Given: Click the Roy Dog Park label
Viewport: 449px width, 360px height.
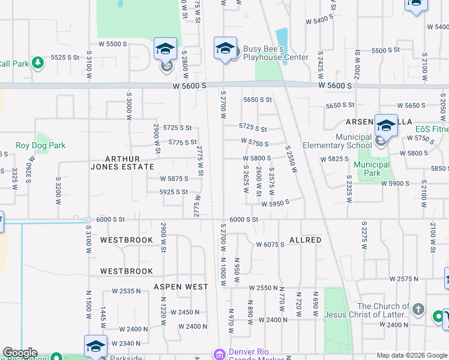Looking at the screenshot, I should point(40,145).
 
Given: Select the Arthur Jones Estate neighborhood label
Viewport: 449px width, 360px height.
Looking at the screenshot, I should point(130,163).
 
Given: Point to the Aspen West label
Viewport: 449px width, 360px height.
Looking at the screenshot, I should point(181,287).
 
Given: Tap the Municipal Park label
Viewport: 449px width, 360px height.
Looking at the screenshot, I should point(372,169).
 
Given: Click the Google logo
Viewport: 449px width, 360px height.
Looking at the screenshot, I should point(20,353).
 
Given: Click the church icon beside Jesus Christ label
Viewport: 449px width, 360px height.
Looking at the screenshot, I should point(419,311).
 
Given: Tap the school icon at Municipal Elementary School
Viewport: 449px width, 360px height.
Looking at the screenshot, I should point(387,125).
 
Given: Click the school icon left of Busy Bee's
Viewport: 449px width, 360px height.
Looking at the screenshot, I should point(225,48).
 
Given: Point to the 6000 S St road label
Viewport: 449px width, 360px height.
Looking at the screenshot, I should point(244,220).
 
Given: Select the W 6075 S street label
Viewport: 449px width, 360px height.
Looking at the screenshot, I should point(270,244).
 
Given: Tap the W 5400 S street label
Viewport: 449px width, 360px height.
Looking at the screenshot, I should point(319,20).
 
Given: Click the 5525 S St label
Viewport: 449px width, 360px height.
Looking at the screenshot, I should point(65,57).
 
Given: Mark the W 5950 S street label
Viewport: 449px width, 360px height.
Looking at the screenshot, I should point(276,203).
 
